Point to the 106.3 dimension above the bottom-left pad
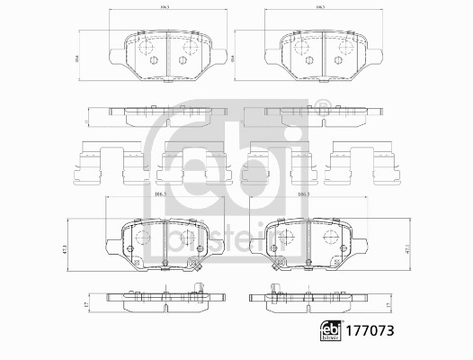[x=162, y=195]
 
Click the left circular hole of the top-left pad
[x=153, y=60]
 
